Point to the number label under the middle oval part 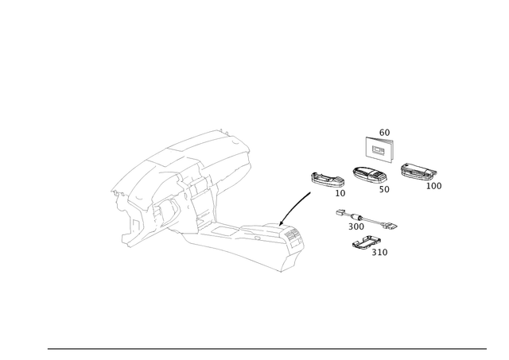pyautogui.click(x=384, y=189)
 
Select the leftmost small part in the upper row pyautogui.click(x=325, y=179)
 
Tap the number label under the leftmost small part pyautogui.click(x=340, y=192)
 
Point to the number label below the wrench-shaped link pyautogui.click(x=355, y=227)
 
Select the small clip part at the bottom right pyautogui.click(x=367, y=242)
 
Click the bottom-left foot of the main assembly pyautogui.click(x=129, y=236)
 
